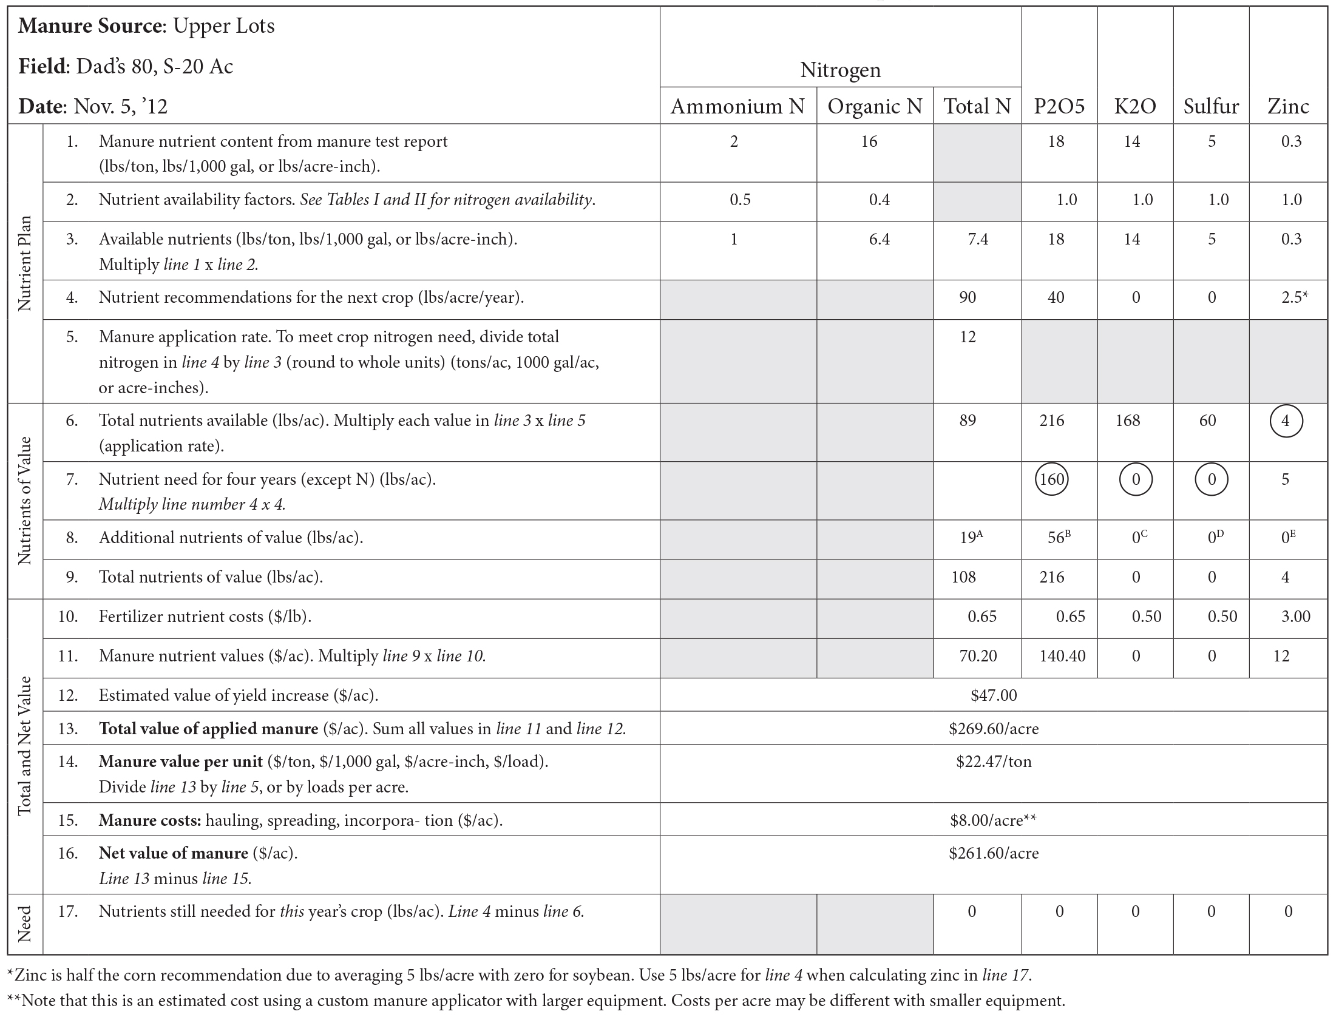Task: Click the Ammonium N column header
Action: [x=737, y=106]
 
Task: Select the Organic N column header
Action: [x=875, y=106]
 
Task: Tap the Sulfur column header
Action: [x=1211, y=106]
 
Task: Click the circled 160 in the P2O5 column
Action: [x=1052, y=479]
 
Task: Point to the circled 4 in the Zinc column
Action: [x=1286, y=421]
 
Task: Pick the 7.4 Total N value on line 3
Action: [x=978, y=239]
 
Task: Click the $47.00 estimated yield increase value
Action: [x=994, y=695]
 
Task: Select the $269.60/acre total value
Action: [x=994, y=728]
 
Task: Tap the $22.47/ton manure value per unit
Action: [x=994, y=762]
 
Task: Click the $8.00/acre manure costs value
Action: [x=994, y=820]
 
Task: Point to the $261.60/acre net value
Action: [x=994, y=853]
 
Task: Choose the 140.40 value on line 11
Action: [x=1062, y=656]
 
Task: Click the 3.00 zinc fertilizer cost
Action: [x=1295, y=617]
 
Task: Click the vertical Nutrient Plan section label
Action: [x=25, y=263]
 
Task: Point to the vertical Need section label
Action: [x=25, y=924]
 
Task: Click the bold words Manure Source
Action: [x=90, y=26]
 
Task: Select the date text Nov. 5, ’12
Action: [x=120, y=107]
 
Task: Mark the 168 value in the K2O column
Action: [x=1127, y=421]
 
